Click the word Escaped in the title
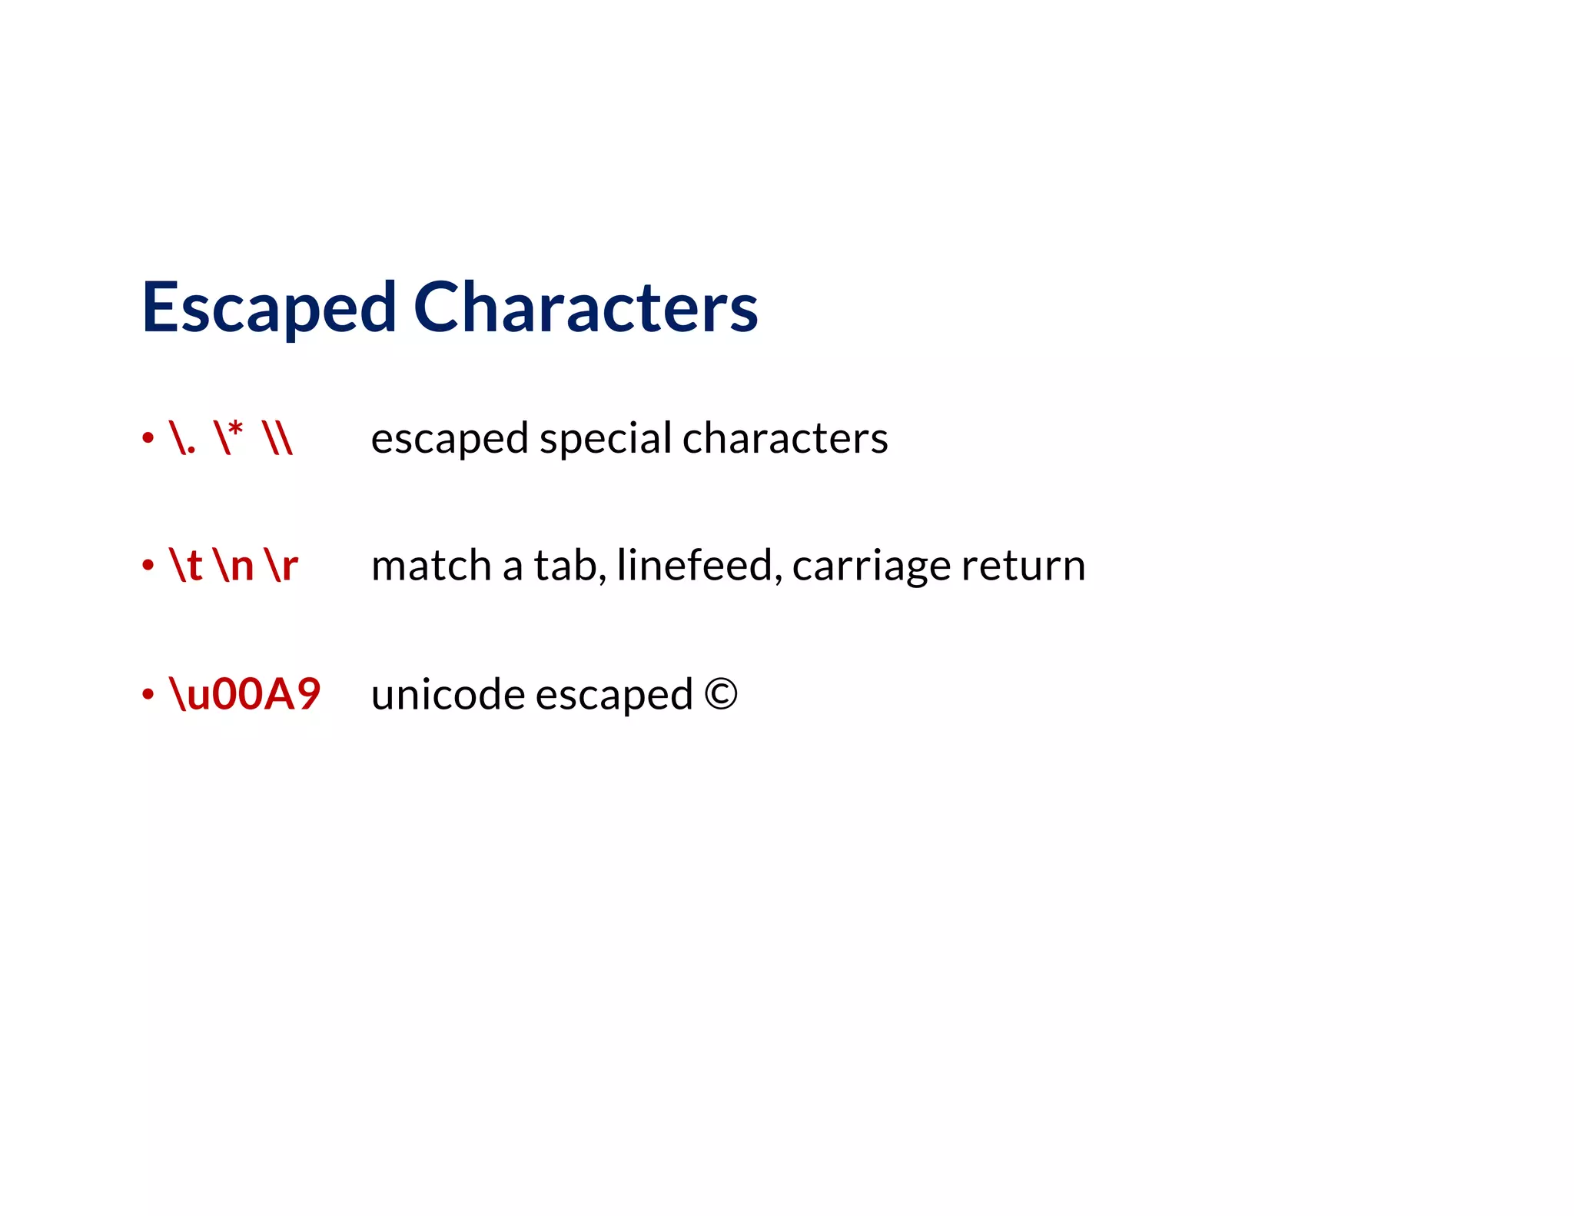pyautogui.click(x=269, y=307)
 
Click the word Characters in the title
pyautogui.click(x=586, y=307)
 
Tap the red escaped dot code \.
pyautogui.click(x=182, y=438)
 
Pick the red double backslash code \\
pyautogui.click(x=277, y=438)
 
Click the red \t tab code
pyautogui.click(x=185, y=566)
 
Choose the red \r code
pyautogui.click(x=281, y=566)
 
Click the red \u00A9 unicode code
pyautogui.click(x=245, y=694)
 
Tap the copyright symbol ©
pyautogui.click(x=720, y=694)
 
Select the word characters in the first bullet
pyautogui.click(x=785, y=438)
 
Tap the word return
pyautogui.click(x=1023, y=566)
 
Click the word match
pyautogui.click(x=431, y=566)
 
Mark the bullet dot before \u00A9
pyautogui.click(x=148, y=695)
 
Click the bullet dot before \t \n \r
pyautogui.click(x=148, y=566)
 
